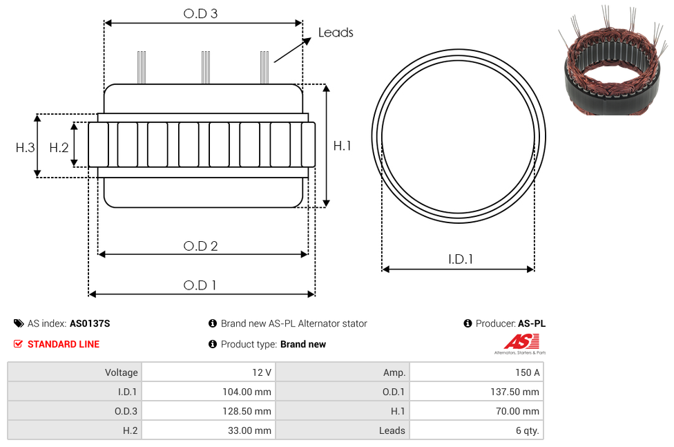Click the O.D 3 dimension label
point(200,13)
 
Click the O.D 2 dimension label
point(200,246)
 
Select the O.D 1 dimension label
point(200,285)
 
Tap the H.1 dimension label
point(343,146)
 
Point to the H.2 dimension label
point(59,147)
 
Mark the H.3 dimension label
point(25,147)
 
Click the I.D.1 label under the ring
point(461,259)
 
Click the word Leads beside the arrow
point(336,32)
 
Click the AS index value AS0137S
point(90,323)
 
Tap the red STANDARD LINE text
point(64,344)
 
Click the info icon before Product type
point(213,344)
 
